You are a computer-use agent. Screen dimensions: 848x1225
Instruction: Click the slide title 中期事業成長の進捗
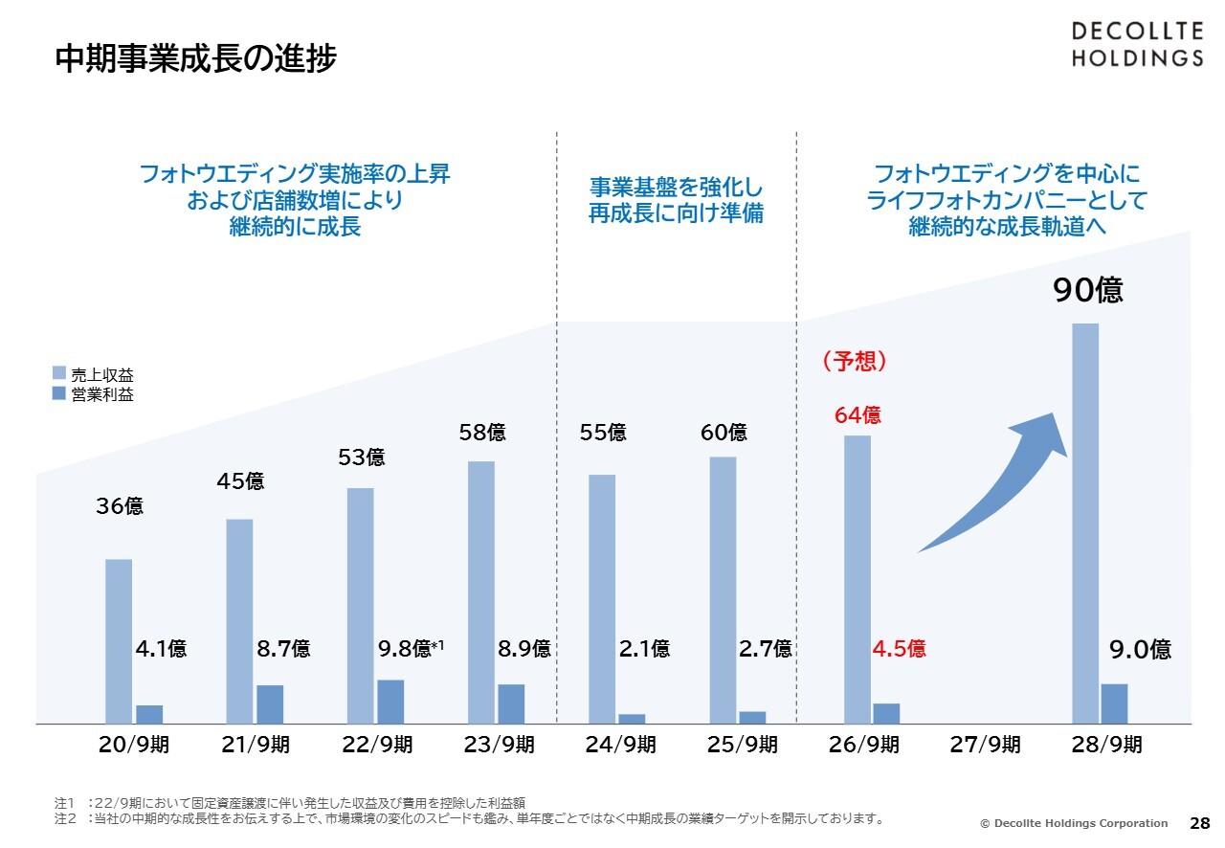pos(196,59)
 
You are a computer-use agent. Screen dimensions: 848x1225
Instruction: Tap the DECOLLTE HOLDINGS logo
pos(1136,45)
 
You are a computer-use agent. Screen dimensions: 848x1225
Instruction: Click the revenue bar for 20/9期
pos(119,640)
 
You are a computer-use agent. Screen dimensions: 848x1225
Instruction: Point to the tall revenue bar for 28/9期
pos(1084,523)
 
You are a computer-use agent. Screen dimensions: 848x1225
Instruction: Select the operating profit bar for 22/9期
pos(390,701)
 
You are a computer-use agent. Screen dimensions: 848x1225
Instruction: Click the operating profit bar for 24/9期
pos(632,718)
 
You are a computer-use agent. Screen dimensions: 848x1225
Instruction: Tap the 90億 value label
pos(1088,290)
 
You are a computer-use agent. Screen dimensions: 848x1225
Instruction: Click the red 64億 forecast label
pos(857,415)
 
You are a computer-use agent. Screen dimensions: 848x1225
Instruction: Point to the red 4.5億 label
pos(899,649)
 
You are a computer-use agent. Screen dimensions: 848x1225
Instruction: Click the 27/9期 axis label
pos(985,745)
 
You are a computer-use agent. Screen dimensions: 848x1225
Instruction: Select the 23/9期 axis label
pos(499,745)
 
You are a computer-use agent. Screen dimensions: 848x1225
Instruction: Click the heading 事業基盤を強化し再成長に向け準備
pos(676,199)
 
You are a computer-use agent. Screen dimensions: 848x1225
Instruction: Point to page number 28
pos(1199,823)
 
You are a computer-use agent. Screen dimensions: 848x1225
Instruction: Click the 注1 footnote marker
pos(64,802)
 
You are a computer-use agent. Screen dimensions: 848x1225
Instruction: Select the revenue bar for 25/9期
pos(723,590)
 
